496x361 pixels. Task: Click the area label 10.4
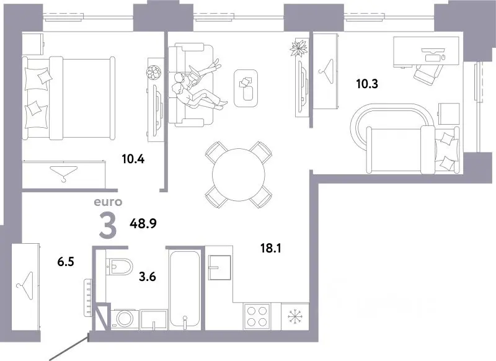[133, 159]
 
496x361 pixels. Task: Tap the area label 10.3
[367, 84]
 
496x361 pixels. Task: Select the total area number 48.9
[143, 224]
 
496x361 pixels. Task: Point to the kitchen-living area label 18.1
[271, 248]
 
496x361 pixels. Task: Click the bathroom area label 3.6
[148, 277]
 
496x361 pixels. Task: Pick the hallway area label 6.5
[66, 262]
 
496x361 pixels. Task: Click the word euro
[108, 202]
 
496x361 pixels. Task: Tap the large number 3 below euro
[108, 226]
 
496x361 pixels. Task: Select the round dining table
[239, 175]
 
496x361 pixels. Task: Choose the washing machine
[125, 319]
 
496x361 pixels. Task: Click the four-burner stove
[257, 316]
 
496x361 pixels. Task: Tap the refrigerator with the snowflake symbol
[295, 316]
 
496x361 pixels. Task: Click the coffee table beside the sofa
[246, 88]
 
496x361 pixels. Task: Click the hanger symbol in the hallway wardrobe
[25, 286]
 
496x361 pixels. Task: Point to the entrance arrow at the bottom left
[68, 349]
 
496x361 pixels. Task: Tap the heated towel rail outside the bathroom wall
[88, 297]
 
